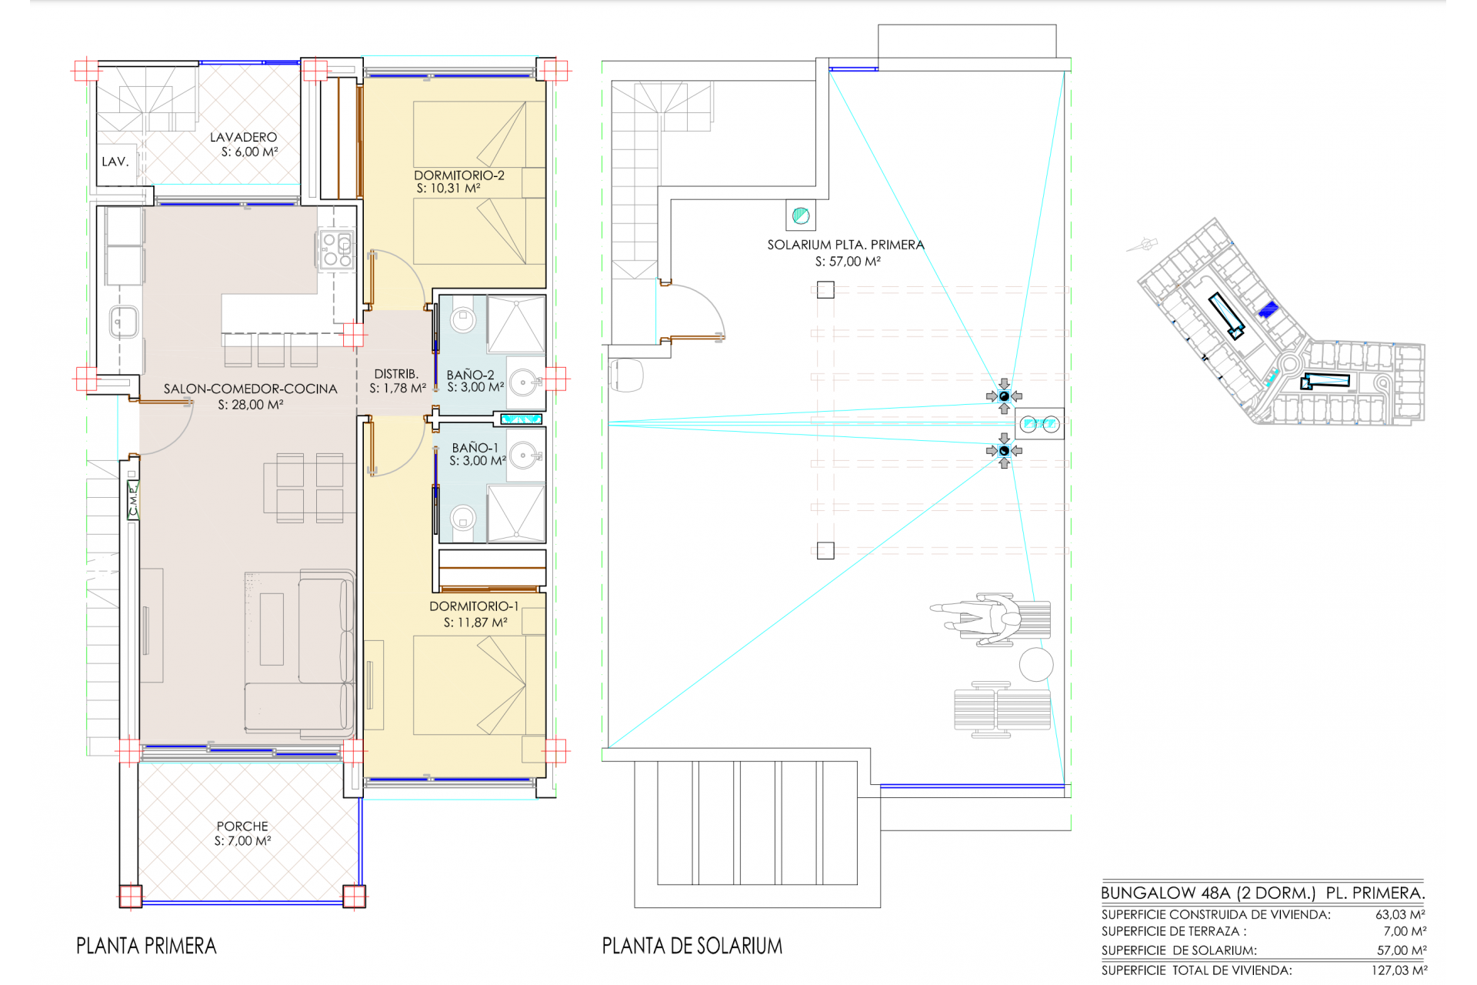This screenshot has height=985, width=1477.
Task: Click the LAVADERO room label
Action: click(x=243, y=137)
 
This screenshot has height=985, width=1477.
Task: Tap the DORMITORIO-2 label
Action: click(x=459, y=175)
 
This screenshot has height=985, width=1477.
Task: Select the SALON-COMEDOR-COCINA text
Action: click(x=251, y=389)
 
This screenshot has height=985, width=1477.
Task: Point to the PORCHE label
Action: click(x=242, y=826)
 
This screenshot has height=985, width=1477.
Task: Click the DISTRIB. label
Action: click(x=396, y=374)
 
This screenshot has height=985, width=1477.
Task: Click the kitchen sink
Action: click(x=123, y=322)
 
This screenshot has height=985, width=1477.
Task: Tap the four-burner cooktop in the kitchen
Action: click(x=336, y=249)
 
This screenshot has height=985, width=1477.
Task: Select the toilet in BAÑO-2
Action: click(x=463, y=319)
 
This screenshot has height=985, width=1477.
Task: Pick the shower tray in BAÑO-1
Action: click(x=516, y=513)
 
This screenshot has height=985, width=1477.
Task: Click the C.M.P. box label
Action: click(x=133, y=498)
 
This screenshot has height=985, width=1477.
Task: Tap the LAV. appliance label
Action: click(x=115, y=162)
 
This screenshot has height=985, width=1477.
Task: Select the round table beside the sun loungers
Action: click(x=1036, y=665)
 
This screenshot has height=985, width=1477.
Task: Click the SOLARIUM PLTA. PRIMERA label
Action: click(x=845, y=245)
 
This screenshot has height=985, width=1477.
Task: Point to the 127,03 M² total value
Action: click(x=1399, y=970)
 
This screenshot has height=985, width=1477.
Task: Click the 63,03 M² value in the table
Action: click(x=1400, y=915)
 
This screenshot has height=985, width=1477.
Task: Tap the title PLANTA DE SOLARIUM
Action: click(x=692, y=946)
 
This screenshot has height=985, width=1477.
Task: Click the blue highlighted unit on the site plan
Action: click(x=1268, y=310)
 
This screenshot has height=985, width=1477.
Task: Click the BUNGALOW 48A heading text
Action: click(x=1165, y=893)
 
